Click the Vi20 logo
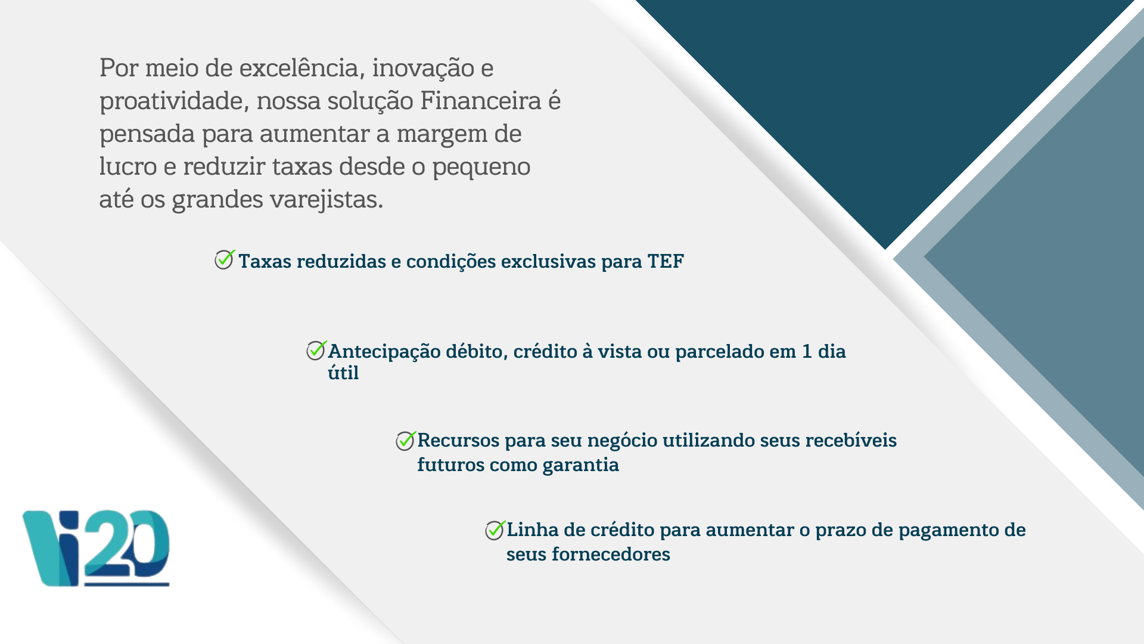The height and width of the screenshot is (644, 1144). click(96, 548)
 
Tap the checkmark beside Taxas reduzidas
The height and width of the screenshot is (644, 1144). click(225, 259)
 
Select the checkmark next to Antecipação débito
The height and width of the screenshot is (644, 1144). click(316, 350)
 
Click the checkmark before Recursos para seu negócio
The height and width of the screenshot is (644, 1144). click(406, 441)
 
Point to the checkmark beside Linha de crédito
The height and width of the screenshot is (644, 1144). click(495, 530)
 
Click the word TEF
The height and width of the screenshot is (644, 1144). click(666, 261)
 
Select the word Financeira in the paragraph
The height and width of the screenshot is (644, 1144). click(481, 100)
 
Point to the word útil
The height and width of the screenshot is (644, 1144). click(343, 373)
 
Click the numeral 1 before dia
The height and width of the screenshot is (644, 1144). click(807, 351)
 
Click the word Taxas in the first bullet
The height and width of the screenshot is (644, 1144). click(265, 261)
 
